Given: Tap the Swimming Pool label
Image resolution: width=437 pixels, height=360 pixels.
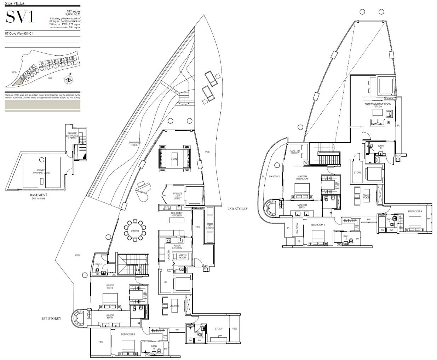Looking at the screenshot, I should [135, 144].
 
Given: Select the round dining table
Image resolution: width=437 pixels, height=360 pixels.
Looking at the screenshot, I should [135, 230].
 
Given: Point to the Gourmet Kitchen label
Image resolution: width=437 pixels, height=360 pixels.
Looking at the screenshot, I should [176, 215].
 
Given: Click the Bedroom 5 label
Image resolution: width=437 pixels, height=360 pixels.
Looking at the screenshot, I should [128, 334].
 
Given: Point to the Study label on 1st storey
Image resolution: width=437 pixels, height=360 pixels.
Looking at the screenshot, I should [219, 329].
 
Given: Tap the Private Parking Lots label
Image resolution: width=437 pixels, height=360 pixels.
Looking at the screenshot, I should [41, 171].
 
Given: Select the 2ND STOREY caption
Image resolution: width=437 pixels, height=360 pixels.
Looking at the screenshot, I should [238, 209].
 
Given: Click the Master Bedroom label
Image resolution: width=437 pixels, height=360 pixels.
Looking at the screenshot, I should [302, 177].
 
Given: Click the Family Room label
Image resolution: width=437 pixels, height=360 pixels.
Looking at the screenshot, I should [366, 196].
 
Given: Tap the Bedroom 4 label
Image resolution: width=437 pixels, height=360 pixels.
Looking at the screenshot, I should [415, 211].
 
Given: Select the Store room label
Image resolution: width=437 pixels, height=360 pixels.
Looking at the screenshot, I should [357, 173].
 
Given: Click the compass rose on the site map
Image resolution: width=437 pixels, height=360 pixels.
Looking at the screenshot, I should [68, 80].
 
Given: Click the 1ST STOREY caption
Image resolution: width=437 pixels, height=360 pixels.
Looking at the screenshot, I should [51, 318].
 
